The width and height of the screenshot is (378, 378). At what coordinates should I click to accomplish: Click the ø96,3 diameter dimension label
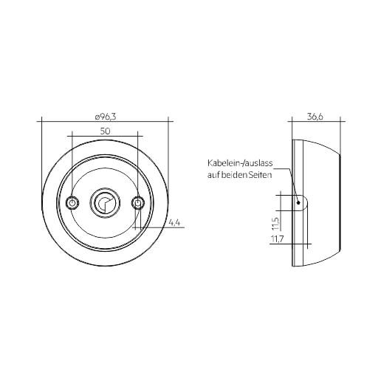pyautogui.click(x=106, y=117)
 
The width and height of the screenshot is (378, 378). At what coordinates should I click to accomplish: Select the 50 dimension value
pyautogui.click(x=105, y=131)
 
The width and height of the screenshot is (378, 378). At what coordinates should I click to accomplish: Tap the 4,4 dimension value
pyautogui.click(x=175, y=223)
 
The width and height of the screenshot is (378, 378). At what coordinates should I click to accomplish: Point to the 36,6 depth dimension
pyautogui.click(x=315, y=117)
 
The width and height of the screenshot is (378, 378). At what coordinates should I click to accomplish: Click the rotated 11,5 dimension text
pyautogui.click(x=276, y=224)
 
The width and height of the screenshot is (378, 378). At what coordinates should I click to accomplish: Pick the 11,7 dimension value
pyautogui.click(x=278, y=238)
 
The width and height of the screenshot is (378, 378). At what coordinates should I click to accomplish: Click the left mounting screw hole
pyautogui.click(x=72, y=203)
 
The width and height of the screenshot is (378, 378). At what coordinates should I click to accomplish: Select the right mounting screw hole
pyautogui.click(x=138, y=203)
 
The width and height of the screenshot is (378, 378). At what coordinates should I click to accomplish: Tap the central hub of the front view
pyautogui.click(x=105, y=203)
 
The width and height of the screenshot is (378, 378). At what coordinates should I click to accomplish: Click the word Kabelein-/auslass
pyautogui.click(x=240, y=163)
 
